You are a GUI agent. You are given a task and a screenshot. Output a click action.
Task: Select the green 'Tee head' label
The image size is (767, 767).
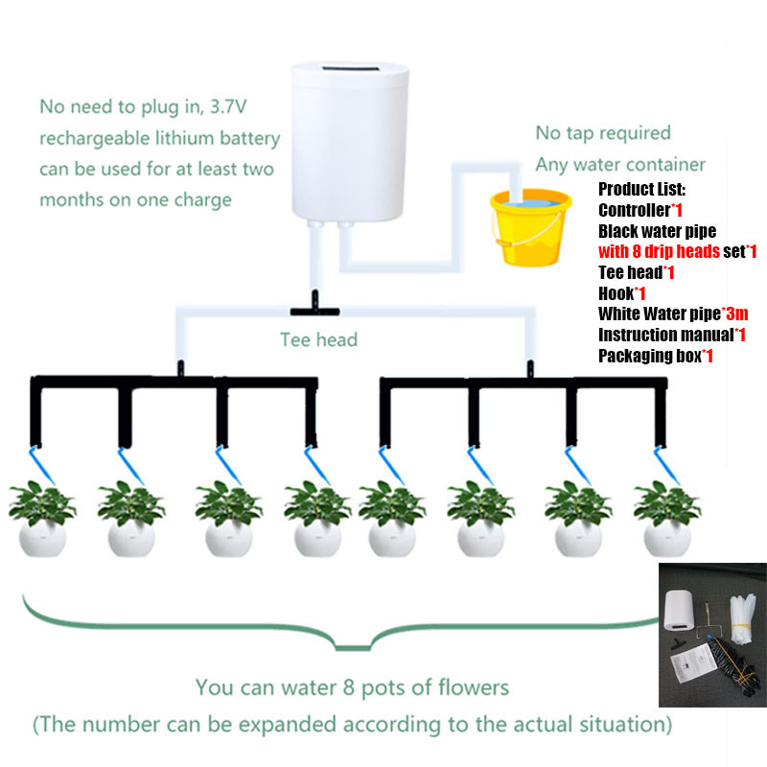(x=318, y=339)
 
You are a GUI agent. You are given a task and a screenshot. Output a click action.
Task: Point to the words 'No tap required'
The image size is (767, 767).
(x=602, y=132)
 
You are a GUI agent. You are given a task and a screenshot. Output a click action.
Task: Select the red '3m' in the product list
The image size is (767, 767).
(x=735, y=314)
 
